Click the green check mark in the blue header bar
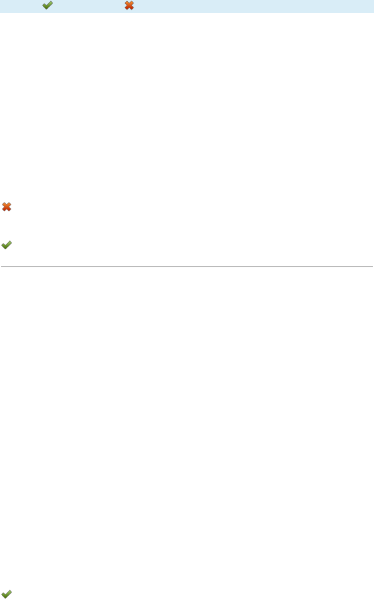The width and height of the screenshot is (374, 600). [48, 6]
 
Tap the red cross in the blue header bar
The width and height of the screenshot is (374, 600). [129, 6]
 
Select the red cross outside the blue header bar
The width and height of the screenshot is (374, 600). [7, 207]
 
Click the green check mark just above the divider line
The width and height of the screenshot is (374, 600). [7, 245]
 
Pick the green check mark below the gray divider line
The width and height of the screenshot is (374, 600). [7, 593]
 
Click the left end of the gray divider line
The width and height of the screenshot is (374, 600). [1, 266]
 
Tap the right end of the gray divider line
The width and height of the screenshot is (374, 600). [372, 266]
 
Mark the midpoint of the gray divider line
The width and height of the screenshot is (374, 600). [187, 266]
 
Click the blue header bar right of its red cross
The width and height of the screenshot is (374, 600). [253, 6]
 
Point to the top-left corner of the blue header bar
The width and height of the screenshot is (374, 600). [0, 0]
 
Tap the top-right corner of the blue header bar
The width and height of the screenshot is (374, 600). [373, 0]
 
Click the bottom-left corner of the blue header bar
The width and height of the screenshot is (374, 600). [0, 12]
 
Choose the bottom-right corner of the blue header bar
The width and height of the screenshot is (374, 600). [373, 12]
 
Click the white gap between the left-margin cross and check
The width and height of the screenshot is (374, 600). [7, 226]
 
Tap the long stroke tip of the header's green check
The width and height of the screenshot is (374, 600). [52, 2]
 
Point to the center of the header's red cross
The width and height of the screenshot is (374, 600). [129, 6]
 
